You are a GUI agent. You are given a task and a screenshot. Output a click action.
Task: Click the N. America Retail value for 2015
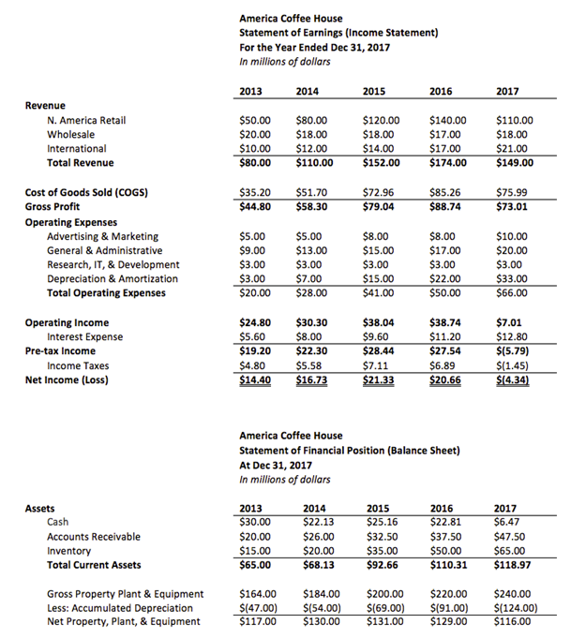pyautogui.click(x=381, y=121)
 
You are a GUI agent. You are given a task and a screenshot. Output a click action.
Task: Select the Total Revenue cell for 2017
pyautogui.click(x=514, y=162)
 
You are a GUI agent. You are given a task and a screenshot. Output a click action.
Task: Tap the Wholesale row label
pyautogui.click(x=70, y=135)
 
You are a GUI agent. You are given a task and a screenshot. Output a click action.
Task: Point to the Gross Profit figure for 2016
pyautogui.click(x=446, y=207)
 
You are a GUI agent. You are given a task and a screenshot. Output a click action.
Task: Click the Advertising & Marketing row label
pyautogui.click(x=102, y=237)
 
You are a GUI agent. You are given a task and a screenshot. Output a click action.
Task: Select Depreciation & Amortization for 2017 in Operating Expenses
pyautogui.click(x=511, y=278)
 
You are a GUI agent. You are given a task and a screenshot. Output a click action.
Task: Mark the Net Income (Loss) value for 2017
pyautogui.click(x=515, y=379)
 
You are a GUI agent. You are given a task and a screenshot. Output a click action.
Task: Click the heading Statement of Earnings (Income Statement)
pyautogui.click(x=338, y=33)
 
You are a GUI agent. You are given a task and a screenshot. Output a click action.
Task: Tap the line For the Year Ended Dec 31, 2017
pyautogui.click(x=314, y=47)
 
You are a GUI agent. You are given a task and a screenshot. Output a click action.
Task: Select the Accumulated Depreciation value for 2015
pyautogui.click(x=383, y=608)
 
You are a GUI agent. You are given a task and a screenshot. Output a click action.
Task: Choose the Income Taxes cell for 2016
pyautogui.click(x=443, y=365)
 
